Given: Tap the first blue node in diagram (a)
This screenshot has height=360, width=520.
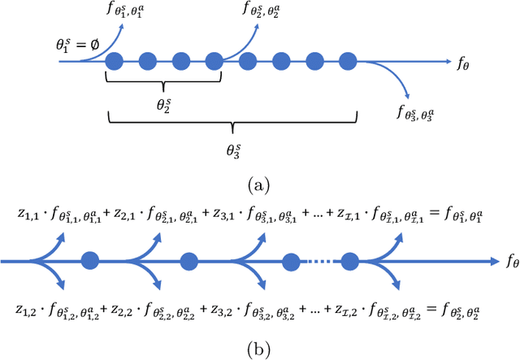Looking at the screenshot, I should tap(115, 60).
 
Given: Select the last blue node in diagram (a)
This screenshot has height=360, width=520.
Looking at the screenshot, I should tap(348, 60).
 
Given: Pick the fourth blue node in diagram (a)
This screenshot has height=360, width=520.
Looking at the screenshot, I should tap(214, 60).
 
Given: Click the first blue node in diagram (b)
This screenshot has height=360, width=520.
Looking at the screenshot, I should tap(91, 262).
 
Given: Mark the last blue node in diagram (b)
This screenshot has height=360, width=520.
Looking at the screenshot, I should tap(350, 262).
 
